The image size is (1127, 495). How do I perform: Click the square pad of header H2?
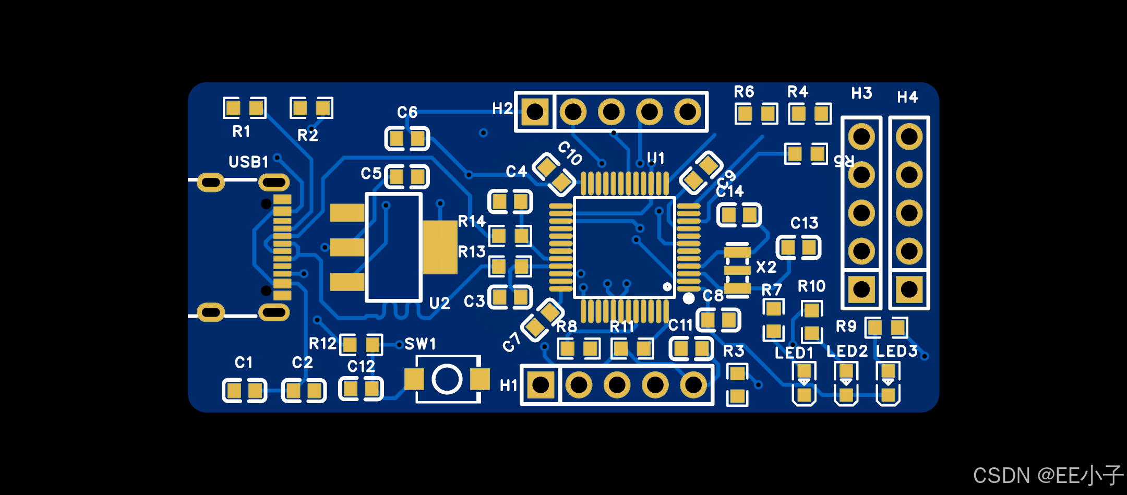(535, 112)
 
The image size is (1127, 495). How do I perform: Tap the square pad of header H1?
(541, 385)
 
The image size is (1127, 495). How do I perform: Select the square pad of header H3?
(861, 289)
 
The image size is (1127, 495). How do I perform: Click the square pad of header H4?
(909, 289)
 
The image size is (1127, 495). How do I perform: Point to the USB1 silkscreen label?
(248, 162)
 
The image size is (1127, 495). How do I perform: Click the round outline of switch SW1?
(447, 379)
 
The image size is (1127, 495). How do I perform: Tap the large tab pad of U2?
(440, 247)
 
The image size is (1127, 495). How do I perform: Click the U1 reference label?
(656, 158)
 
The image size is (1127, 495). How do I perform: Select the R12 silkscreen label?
(322, 344)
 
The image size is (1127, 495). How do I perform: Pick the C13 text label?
(804, 223)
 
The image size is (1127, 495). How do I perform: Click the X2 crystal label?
(766, 267)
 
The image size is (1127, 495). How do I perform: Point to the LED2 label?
(847, 352)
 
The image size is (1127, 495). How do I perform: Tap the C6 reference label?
(407, 112)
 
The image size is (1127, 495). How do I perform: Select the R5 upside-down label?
(844, 160)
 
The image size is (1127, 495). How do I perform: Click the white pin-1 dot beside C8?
(689, 298)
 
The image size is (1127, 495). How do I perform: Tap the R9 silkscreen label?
(846, 327)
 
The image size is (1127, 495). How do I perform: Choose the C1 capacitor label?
(243, 363)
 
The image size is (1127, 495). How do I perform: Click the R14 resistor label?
(472, 222)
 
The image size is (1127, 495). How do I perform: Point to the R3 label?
(734, 351)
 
